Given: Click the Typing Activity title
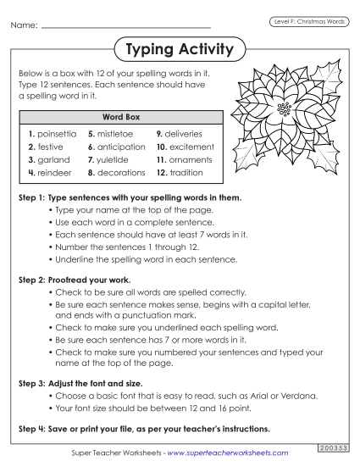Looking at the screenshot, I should (179, 50).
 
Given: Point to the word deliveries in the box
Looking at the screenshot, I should (186, 134).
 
